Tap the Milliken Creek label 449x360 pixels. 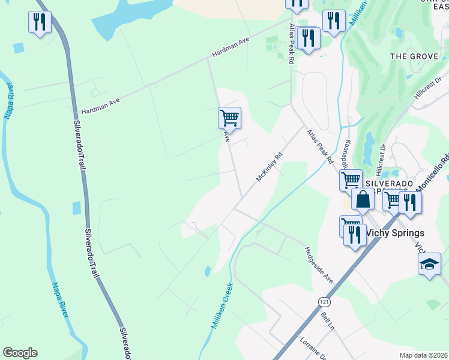tap(221, 306)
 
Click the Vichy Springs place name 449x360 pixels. tap(394, 233)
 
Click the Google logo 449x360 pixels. tap(20, 353)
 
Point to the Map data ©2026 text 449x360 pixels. tap(423, 355)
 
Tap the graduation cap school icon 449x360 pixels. tap(429, 264)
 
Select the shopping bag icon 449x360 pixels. tap(363, 199)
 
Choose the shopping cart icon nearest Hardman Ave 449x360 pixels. tap(229, 118)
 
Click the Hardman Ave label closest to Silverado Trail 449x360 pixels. tap(100, 106)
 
